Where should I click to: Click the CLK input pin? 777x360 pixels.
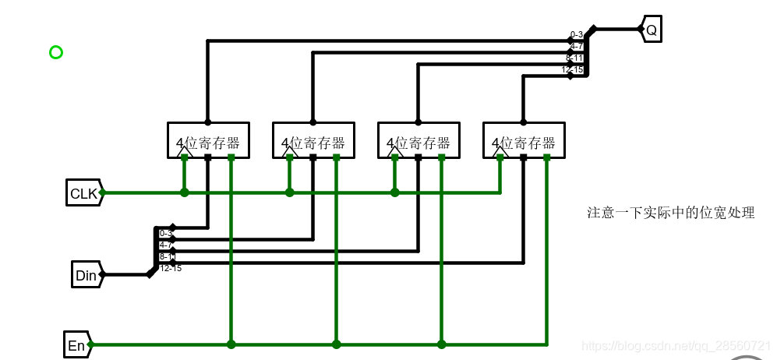coord(83,193)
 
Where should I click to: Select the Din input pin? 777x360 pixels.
coord(86,275)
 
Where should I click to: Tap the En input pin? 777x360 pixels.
coord(76,345)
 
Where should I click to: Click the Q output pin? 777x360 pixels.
coord(651,30)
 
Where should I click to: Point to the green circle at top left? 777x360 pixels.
coord(55,52)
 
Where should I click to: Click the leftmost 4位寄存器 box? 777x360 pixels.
coord(208,140)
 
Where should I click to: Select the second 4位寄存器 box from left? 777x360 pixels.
coord(313,140)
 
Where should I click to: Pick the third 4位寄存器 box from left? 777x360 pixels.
coord(419,140)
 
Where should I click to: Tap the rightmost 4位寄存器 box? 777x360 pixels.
coord(524,140)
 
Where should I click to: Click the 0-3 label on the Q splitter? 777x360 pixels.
coord(577,34)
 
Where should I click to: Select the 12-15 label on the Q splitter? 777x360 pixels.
coord(572,69)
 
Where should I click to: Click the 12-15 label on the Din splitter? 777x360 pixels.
coord(170,268)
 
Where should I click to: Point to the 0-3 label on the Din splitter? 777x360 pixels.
coord(165,233)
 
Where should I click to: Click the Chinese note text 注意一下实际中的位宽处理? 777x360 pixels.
coord(670,213)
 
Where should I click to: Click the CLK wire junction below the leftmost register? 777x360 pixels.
coord(185,192)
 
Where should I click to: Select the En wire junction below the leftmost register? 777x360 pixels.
coord(231,344)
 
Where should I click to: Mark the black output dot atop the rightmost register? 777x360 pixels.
coord(524,122)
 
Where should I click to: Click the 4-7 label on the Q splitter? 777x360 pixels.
coord(577,46)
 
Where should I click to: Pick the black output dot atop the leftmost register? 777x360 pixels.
coord(208,122)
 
